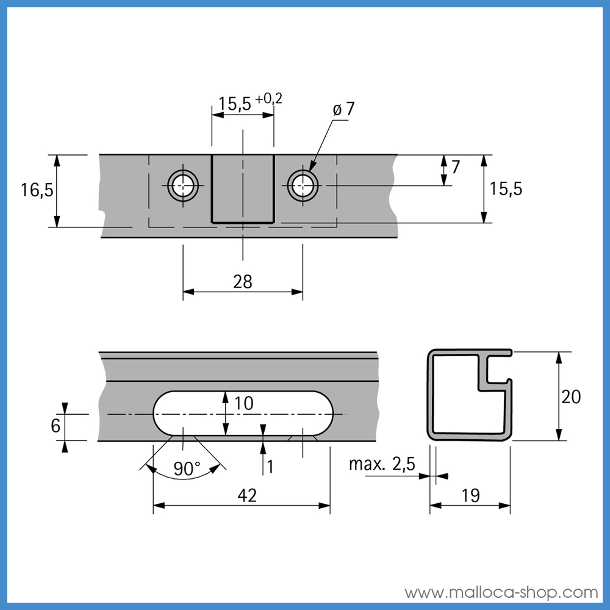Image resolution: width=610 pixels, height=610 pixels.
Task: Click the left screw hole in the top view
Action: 183,185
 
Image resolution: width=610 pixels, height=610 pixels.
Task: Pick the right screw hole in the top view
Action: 303,185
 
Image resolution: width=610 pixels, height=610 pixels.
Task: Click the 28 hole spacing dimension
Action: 243,281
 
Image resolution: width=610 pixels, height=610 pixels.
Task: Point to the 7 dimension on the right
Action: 455,166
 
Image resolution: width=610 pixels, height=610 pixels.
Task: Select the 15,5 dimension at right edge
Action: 506,189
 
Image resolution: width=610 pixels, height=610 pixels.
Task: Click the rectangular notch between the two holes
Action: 243,189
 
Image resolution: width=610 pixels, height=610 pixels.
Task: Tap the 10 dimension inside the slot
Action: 242,403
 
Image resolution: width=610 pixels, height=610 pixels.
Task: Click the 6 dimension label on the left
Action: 56,425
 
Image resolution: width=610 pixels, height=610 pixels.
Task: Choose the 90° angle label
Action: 187,468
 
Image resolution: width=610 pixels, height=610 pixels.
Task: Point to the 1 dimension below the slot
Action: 270,467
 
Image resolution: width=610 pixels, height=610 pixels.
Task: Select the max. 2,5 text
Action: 382,464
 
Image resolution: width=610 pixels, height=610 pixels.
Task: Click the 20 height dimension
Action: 571,396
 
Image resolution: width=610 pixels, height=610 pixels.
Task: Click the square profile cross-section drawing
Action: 470,395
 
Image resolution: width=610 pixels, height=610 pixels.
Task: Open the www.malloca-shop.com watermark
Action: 501,592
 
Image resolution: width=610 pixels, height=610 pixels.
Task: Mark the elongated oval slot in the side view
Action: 243,414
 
